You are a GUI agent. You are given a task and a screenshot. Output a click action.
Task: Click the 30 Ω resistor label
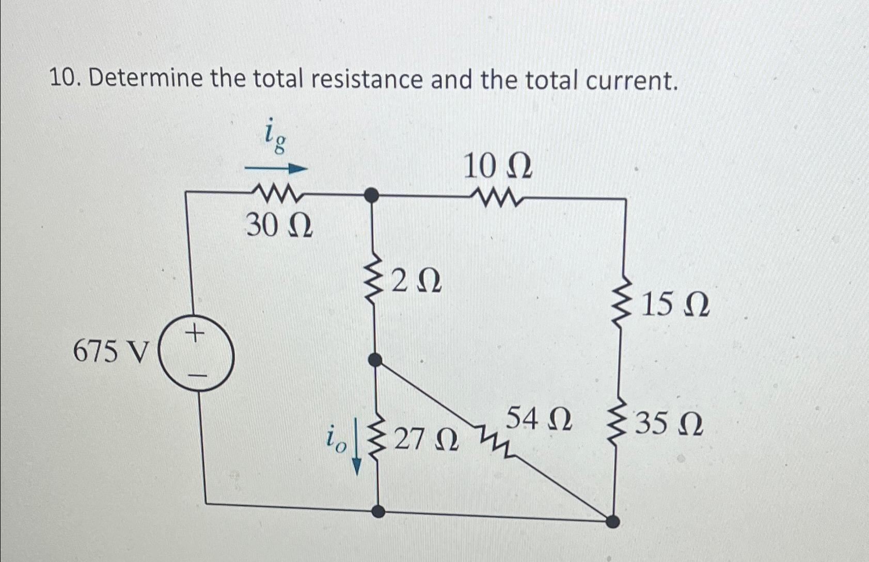pos(279,226)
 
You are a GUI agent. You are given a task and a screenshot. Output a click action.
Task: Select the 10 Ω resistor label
pos(497,167)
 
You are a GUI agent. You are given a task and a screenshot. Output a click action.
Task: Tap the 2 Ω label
pos(416,282)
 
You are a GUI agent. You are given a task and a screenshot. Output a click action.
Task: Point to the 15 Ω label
pos(675,305)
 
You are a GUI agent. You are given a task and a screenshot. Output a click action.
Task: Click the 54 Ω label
pos(539,419)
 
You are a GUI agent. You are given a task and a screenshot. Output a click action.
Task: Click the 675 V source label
pos(110,352)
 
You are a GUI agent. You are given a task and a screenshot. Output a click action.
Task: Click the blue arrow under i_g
pos(276,168)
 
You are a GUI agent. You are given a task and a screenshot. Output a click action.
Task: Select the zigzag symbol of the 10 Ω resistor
pos(498,196)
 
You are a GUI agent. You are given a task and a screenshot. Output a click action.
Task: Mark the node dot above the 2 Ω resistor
pos(371,195)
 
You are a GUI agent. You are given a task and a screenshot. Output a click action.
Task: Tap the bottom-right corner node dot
pos(612,521)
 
